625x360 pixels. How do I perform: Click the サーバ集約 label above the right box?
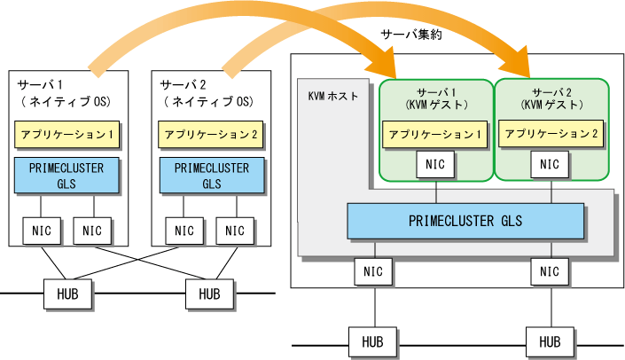pyautogui.click(x=411, y=35)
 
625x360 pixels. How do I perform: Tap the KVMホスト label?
pyautogui.click(x=333, y=96)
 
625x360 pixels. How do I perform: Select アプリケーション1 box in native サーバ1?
pyautogui.click(x=67, y=135)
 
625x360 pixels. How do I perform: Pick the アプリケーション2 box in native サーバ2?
pyautogui.click(x=210, y=135)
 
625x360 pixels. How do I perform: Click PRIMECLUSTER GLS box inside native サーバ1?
pyautogui.click(x=66, y=176)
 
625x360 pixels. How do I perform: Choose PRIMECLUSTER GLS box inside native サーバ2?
pyautogui.click(x=212, y=176)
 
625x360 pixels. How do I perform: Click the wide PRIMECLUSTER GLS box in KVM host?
pyautogui.click(x=465, y=222)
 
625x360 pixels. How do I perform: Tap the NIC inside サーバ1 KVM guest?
pyautogui.click(x=435, y=164)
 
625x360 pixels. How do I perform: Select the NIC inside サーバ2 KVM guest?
pyautogui.click(x=550, y=164)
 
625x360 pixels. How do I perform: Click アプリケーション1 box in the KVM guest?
pyautogui.click(x=434, y=135)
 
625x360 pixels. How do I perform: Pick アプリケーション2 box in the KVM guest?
pyautogui.click(x=551, y=134)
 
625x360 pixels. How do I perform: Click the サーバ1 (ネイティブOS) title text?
pyautogui.click(x=64, y=93)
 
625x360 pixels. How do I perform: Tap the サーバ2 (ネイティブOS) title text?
pyautogui.click(x=207, y=93)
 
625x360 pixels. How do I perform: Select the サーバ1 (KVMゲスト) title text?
pyautogui.click(x=436, y=99)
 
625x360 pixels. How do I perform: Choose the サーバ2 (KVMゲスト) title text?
pyautogui.click(x=551, y=99)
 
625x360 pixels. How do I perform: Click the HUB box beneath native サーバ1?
pyautogui.click(x=67, y=294)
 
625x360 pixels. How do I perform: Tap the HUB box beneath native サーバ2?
pyautogui.click(x=209, y=294)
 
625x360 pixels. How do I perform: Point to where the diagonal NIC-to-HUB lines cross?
pyautogui.click(x=138, y=261)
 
